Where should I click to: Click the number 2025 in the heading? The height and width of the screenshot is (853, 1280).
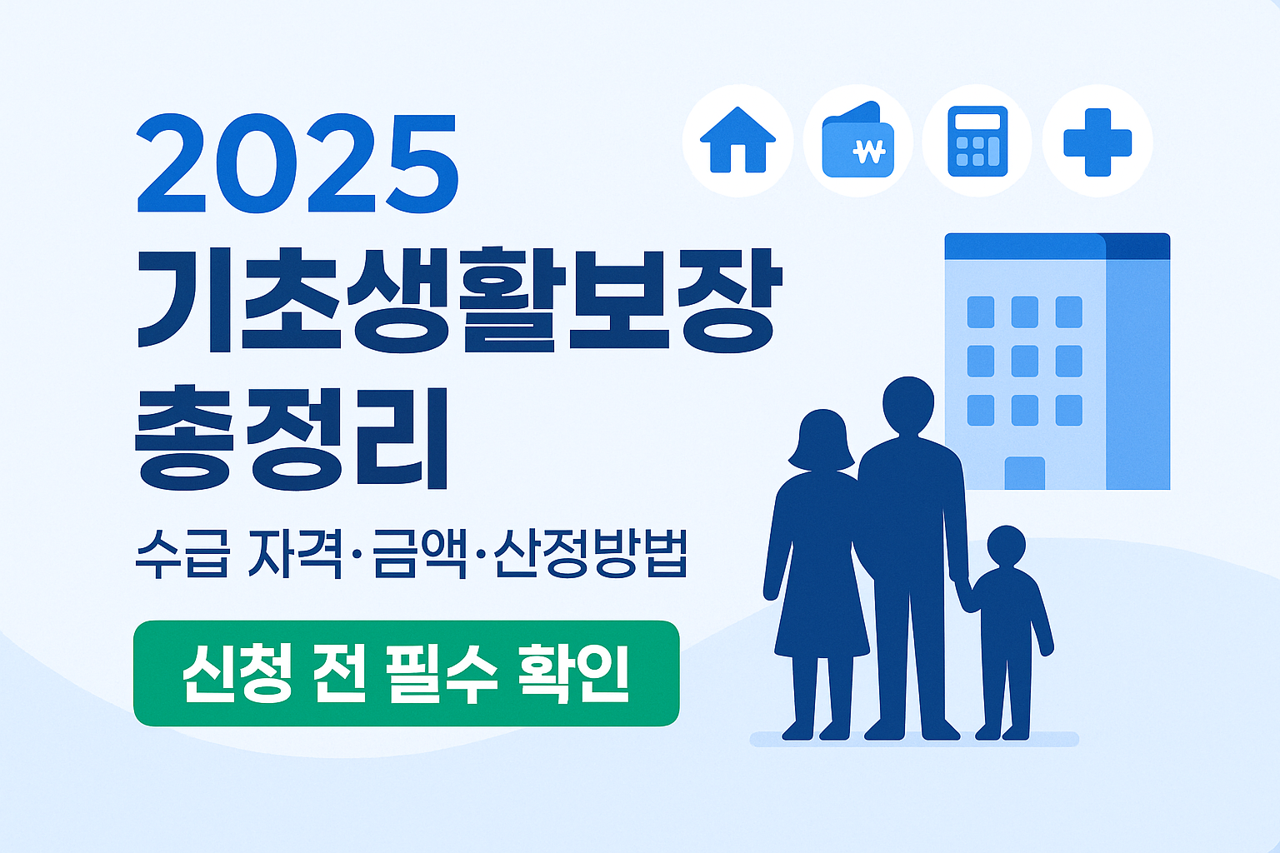(297, 164)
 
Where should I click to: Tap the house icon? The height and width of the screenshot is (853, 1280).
(737, 140)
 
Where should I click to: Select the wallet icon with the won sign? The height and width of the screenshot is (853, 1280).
(857, 141)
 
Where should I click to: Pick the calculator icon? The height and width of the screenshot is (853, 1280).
(977, 141)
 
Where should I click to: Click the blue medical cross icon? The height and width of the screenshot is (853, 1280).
(1097, 142)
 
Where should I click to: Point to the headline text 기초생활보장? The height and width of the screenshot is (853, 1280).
(458, 299)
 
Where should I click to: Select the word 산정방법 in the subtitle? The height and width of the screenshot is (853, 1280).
(590, 553)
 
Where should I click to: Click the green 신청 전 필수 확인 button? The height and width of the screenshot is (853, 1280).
(407, 673)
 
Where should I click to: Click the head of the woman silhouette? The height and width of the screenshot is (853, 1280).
(822, 437)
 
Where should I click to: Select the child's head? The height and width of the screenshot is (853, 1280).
(1006, 546)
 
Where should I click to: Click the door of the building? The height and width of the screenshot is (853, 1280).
(1024, 472)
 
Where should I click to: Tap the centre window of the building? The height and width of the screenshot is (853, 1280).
(1024, 361)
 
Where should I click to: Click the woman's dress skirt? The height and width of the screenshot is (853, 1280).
(821, 608)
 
